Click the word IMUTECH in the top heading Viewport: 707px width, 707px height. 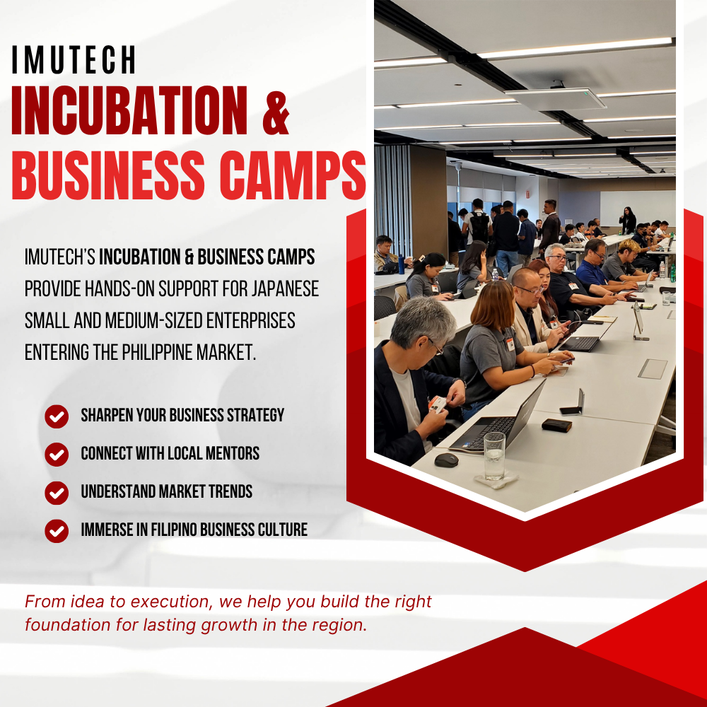click(74, 59)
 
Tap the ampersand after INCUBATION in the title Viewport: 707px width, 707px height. click(276, 112)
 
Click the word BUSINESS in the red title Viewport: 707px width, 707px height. click(108, 175)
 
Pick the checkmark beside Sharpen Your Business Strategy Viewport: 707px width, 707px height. click(57, 416)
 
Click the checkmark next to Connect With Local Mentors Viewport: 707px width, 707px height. click(57, 454)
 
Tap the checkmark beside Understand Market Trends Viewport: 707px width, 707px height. click(57, 492)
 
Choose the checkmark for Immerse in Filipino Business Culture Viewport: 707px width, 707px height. click(57, 531)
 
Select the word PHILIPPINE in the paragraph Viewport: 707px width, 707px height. click(158, 353)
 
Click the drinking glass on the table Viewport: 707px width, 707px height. click(495, 456)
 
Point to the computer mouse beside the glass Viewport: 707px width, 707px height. click(446, 460)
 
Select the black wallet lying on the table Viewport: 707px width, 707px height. click(557, 425)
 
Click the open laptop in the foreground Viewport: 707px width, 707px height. click(496, 419)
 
